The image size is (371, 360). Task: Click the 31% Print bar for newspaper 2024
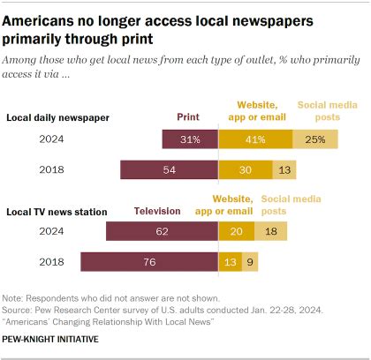coord(190,139)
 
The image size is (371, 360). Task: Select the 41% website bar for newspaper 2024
coord(255,139)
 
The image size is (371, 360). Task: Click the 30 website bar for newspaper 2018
coord(246,169)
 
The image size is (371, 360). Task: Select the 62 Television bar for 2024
coord(162,231)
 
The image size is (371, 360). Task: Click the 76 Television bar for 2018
coord(149,262)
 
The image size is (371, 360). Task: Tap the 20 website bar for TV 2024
coord(237,231)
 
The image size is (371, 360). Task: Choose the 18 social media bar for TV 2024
coord(269,231)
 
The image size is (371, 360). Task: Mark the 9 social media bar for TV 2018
coord(250,262)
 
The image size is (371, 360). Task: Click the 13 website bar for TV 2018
coord(230,262)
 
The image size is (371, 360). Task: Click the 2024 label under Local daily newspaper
coord(50,139)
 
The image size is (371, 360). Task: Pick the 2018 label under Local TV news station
coord(50,262)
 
